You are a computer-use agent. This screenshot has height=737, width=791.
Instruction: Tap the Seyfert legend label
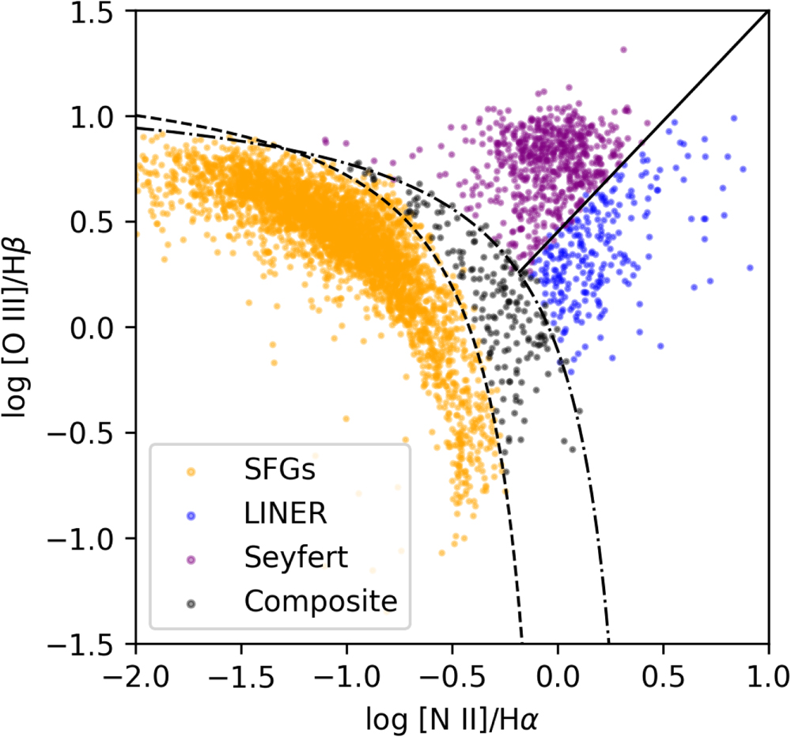coord(296,557)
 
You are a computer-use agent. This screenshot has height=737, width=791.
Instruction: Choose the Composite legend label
coord(320,601)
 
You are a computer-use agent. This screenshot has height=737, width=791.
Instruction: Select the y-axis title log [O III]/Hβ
coord(21,327)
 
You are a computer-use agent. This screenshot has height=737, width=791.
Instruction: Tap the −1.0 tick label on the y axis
coord(85,539)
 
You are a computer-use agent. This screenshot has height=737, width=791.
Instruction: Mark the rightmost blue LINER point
coord(750,267)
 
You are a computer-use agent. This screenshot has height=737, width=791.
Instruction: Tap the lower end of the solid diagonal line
coord(520,271)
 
